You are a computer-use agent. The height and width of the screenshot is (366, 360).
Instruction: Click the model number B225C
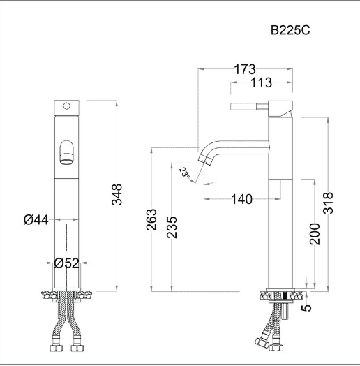tap(290, 30)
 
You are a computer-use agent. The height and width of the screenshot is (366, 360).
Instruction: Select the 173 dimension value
tap(245, 69)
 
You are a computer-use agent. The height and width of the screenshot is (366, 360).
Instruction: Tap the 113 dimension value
tap(262, 82)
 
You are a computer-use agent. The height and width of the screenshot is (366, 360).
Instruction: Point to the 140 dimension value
tap(241, 199)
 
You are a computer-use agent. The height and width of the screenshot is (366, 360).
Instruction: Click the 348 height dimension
tap(117, 194)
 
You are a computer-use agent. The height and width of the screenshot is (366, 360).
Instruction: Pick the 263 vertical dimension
tap(151, 219)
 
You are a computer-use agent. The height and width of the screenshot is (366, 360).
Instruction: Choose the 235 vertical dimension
tap(172, 227)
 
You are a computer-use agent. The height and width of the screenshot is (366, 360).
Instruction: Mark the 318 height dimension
tap(328, 203)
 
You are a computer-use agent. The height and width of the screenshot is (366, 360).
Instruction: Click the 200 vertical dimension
tap(315, 234)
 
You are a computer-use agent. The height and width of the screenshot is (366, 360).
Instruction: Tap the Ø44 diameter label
tap(36, 220)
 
